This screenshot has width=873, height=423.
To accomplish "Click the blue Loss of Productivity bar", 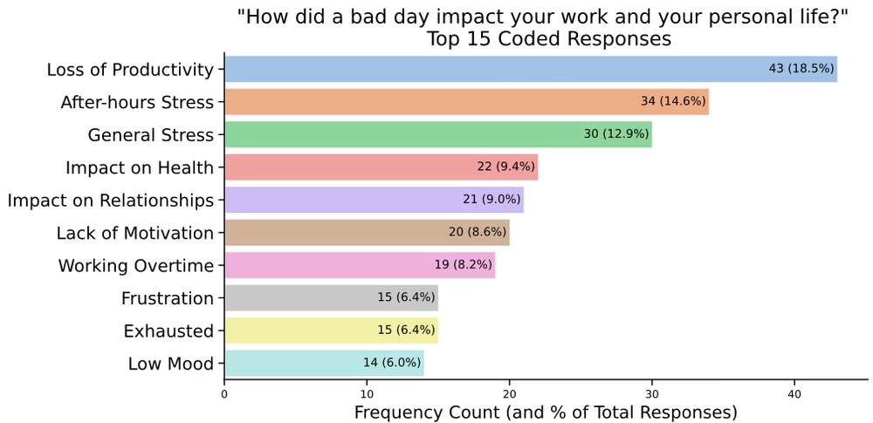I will pyautogui.click(x=489, y=69).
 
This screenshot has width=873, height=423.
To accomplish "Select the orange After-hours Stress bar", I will pyautogui.click(x=428, y=101).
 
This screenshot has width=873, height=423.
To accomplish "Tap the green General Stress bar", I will pyautogui.click(x=402, y=134).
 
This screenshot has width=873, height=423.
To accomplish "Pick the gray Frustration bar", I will pyautogui.click(x=297, y=298).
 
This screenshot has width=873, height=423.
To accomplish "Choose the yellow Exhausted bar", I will pyautogui.click(x=297, y=331).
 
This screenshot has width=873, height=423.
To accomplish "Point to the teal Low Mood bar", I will pyautogui.click(x=288, y=364).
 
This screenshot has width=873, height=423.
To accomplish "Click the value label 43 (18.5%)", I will pyautogui.click(x=801, y=69).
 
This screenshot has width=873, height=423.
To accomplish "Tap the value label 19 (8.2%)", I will pyautogui.click(x=463, y=265).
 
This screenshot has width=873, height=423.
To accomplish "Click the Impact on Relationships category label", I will pyautogui.click(x=111, y=201).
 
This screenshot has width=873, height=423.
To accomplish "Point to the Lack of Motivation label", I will pyautogui.click(x=135, y=233).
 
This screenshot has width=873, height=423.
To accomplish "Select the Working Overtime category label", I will pyautogui.click(x=136, y=266).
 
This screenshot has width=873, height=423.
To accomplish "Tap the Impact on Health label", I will pyautogui.click(x=140, y=167).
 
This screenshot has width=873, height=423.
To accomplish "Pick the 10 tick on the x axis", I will pyautogui.click(x=368, y=394).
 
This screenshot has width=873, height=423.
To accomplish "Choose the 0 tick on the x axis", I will pyautogui.click(x=224, y=394).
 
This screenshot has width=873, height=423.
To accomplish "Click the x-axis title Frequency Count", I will pyautogui.click(x=546, y=412).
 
